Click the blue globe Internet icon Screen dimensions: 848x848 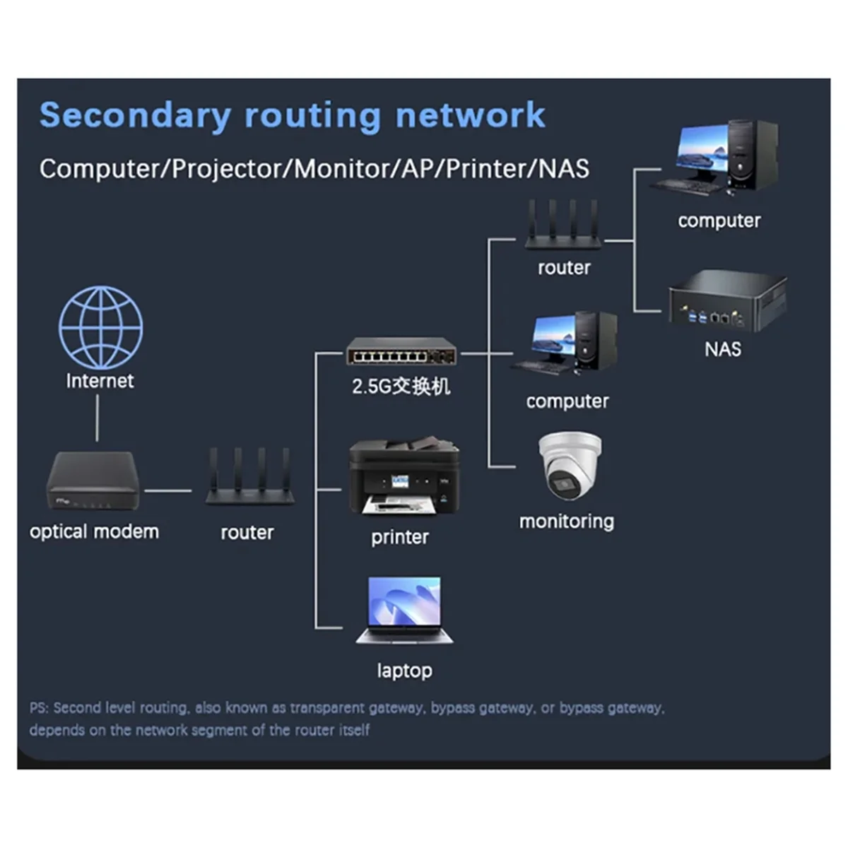100,327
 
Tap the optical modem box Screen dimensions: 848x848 93,481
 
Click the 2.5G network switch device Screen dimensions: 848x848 401,351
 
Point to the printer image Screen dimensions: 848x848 404,478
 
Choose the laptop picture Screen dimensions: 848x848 404,611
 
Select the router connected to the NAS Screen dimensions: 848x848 563,226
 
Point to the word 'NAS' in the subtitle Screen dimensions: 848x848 563,169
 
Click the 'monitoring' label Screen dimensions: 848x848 567,522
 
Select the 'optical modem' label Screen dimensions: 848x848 94,531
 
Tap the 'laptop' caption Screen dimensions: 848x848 404,670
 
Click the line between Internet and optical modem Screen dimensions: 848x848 98,418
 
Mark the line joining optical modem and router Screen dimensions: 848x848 167,490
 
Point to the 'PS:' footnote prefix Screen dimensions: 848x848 40,707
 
